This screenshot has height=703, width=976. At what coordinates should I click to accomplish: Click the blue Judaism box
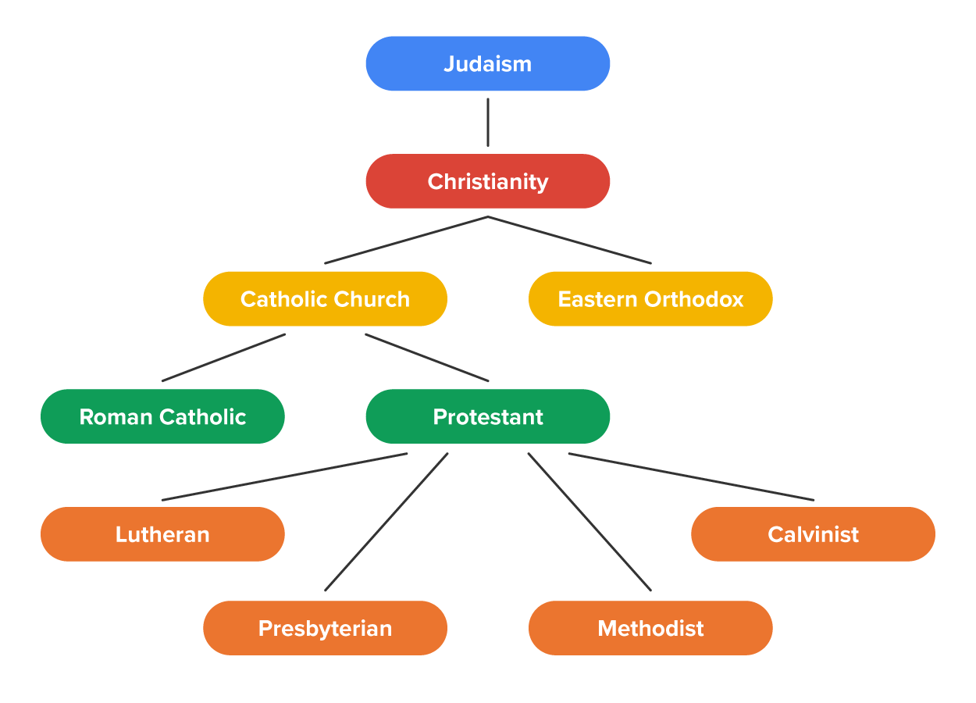click(488, 63)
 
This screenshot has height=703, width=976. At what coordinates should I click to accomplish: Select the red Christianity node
click(488, 181)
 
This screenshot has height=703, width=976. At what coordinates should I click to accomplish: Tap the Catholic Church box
click(325, 298)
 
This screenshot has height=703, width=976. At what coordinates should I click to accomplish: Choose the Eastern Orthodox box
click(650, 298)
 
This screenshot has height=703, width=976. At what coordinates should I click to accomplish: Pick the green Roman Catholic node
click(162, 416)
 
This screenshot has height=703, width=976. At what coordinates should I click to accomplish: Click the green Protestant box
click(488, 416)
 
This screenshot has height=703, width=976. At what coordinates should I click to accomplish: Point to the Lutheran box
click(162, 534)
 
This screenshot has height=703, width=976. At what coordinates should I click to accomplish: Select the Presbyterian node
click(325, 628)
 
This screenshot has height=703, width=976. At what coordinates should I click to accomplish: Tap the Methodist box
click(650, 628)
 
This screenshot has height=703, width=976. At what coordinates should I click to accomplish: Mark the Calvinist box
click(813, 534)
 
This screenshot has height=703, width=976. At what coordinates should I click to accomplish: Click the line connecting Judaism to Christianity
click(488, 122)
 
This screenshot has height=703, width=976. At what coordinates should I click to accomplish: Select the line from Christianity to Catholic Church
click(406, 240)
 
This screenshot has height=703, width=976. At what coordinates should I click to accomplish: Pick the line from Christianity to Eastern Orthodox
click(570, 240)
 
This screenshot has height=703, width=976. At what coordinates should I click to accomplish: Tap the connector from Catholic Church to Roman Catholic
click(223, 358)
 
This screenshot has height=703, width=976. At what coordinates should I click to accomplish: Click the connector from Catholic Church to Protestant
click(427, 358)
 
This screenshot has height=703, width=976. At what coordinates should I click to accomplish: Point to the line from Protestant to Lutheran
click(285, 476)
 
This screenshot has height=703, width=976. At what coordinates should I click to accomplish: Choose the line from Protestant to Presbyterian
click(386, 521)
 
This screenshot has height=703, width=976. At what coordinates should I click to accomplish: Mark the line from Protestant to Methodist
click(590, 521)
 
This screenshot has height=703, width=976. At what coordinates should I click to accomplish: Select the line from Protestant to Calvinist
click(691, 476)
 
